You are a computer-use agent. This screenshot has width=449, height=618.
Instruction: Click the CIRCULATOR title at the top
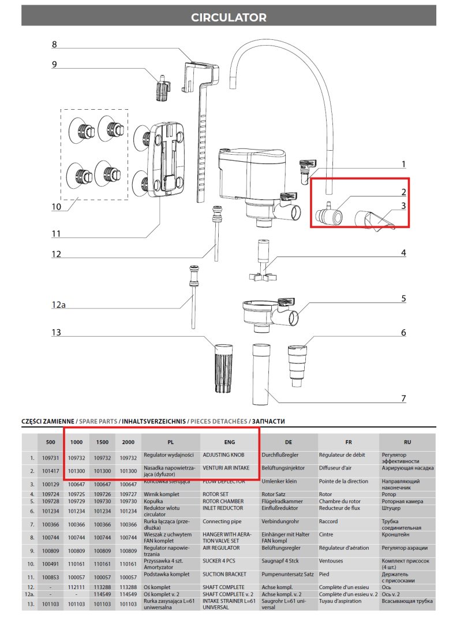coord(229,17)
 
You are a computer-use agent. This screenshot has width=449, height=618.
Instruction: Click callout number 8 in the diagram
coord(54,44)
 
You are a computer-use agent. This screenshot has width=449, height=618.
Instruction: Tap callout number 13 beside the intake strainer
coord(56,333)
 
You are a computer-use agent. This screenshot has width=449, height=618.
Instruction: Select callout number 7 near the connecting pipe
coord(403,399)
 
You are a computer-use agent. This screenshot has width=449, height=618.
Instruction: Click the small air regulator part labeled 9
coord(162,88)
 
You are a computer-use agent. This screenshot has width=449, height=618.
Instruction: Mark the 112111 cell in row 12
coord(77,587)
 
